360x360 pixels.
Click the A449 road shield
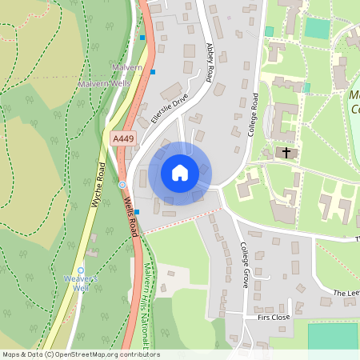(122, 139)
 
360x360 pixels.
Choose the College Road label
(252, 114)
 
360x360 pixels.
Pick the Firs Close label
(274, 318)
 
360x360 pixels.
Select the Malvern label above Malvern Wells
(127, 68)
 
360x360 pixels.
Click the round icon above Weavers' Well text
(81, 270)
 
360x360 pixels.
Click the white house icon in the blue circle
(180, 173)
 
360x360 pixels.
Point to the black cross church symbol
(286, 152)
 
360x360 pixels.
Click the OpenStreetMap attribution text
(80, 354)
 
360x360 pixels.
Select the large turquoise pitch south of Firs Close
(332, 335)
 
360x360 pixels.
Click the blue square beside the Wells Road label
(137, 212)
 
